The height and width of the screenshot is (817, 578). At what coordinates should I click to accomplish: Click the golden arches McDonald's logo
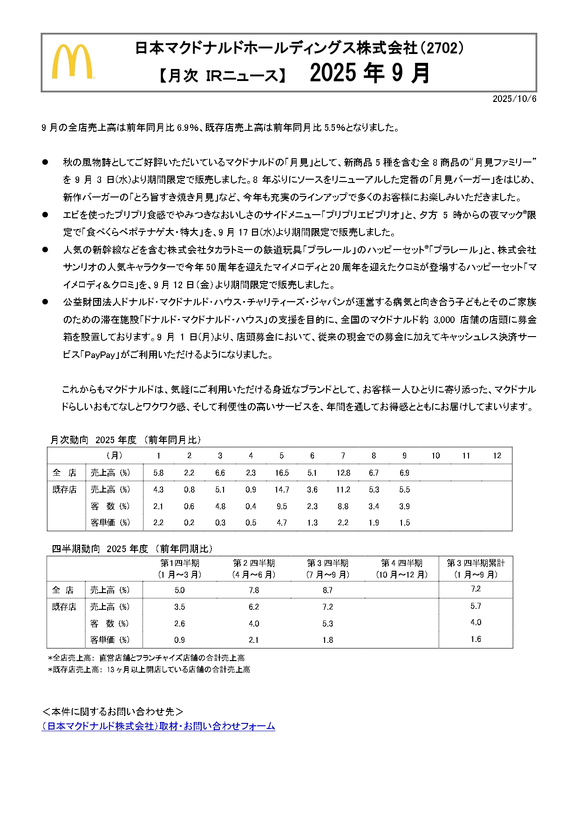72,61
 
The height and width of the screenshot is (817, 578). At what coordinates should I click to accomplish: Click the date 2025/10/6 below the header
514,99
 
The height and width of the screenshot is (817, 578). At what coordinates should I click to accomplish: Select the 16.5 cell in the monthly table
281,473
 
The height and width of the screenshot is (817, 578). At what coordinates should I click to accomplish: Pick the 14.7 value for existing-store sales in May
281,489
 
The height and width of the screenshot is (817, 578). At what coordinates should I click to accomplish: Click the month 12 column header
496,455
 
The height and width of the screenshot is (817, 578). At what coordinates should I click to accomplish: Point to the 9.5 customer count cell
281,506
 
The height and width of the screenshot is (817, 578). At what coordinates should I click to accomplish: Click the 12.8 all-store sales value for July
343,473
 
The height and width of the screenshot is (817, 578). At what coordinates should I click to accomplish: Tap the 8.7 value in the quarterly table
327,590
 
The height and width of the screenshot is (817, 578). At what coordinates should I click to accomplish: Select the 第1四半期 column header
180,563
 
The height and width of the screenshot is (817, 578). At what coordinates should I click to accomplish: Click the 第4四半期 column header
401,563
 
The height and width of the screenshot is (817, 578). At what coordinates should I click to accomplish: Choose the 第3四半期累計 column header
476,563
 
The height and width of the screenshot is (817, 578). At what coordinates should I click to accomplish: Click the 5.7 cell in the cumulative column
476,606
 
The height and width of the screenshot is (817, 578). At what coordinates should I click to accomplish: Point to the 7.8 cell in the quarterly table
253,590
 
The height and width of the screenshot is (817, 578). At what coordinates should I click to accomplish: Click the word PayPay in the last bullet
100,355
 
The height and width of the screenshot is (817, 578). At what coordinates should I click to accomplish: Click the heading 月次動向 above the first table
69,439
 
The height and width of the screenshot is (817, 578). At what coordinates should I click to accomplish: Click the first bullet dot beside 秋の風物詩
45,162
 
